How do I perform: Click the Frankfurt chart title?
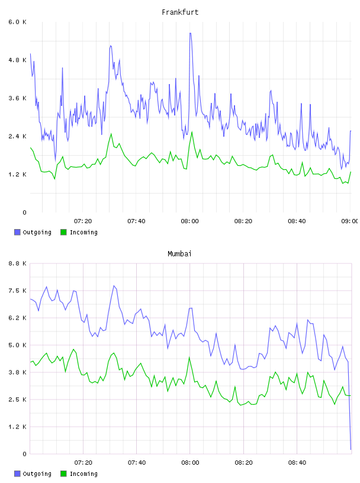click(180, 12)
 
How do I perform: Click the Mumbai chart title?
click(179, 254)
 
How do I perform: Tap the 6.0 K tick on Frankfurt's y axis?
click(17, 22)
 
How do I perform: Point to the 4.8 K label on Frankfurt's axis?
click(17, 60)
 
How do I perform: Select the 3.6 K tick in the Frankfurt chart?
click(17, 98)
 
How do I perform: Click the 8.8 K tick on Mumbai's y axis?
click(17, 263)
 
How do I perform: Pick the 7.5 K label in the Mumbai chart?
click(17, 291)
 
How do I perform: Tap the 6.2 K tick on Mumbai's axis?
click(17, 318)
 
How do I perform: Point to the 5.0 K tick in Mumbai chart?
click(17, 345)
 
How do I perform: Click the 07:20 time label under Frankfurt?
click(83, 221)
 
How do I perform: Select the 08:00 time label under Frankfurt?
click(190, 221)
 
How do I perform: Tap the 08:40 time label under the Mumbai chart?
click(297, 463)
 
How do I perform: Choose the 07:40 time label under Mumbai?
click(137, 463)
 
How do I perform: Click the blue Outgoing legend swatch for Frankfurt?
click(17, 232)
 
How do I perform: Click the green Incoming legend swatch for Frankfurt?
click(63, 232)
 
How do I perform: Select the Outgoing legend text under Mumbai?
click(37, 474)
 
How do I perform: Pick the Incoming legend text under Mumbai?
click(83, 474)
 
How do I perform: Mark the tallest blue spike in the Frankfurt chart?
click(191, 33)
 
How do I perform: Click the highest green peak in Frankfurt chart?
click(192, 132)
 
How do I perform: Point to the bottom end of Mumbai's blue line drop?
click(351, 449)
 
